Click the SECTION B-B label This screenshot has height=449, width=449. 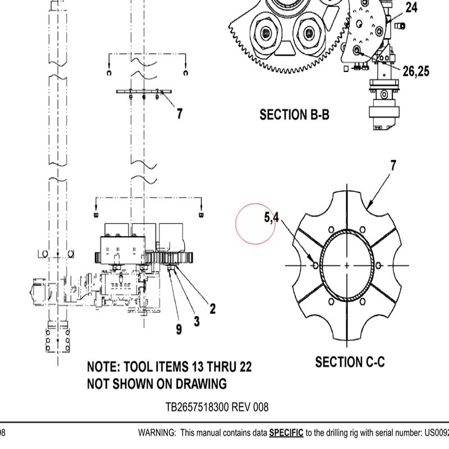click(x=294, y=115)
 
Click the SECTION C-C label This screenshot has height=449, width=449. click(x=350, y=362)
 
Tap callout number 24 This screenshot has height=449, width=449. click(x=411, y=8)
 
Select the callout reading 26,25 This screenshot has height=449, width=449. click(x=416, y=71)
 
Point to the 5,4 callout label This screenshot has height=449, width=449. click(x=271, y=217)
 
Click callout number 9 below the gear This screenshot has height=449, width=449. click(x=179, y=329)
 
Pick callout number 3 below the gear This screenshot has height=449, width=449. click(x=196, y=321)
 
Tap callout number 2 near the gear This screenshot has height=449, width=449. click(x=213, y=308)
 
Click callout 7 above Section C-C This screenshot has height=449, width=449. click(x=393, y=166)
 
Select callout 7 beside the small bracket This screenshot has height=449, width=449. click(x=180, y=114)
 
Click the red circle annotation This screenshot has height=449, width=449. click(x=255, y=224)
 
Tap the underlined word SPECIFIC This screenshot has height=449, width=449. click(x=286, y=433)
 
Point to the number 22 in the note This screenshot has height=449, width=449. click(x=245, y=367)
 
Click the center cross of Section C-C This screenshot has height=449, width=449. click(x=347, y=265)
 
